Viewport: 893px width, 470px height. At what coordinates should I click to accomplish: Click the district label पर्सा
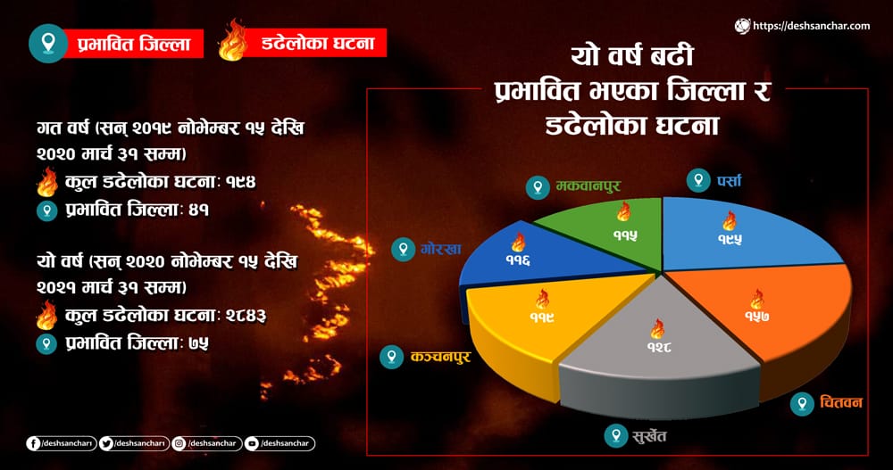click(729, 181)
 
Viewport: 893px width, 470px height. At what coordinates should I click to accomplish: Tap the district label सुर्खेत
click(649, 436)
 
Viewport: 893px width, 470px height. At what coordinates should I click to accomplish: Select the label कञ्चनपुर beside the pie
click(440, 357)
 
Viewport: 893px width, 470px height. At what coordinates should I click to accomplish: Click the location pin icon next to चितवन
click(802, 403)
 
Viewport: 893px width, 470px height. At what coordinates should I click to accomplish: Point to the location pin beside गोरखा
click(404, 249)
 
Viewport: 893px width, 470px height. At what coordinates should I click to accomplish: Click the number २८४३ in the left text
click(246, 315)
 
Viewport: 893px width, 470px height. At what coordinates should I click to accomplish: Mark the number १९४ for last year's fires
click(241, 182)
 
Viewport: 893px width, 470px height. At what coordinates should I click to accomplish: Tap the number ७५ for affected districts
click(199, 343)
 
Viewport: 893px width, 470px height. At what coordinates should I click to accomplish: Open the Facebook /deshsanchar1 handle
click(61, 443)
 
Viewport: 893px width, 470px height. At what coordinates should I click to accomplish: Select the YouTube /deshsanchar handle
click(280, 443)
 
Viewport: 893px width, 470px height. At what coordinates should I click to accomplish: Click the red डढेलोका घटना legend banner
click(317, 43)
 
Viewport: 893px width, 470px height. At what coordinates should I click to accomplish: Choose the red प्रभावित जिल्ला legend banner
click(134, 44)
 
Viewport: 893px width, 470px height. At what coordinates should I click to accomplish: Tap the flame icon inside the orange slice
click(757, 300)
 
